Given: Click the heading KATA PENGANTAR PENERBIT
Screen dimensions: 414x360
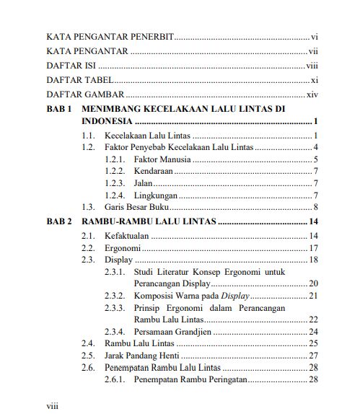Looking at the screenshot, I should coord(110,36).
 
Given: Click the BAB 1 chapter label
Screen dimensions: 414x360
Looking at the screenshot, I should coord(58,108).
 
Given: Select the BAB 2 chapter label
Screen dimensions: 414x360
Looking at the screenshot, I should coord(58,221).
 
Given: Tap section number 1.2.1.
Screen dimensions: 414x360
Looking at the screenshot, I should coord(115,159).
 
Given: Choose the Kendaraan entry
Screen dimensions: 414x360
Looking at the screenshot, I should coord(154,172).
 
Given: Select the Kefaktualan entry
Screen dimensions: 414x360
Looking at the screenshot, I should coord(126,236).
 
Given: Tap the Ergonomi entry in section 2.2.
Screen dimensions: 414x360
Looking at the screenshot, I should coord(120,248).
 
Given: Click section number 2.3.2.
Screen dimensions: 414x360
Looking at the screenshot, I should coord(115,296).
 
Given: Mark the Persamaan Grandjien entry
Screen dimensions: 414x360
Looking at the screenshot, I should coord(174,332).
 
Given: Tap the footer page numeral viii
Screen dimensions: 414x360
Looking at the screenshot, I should coord(52,405).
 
